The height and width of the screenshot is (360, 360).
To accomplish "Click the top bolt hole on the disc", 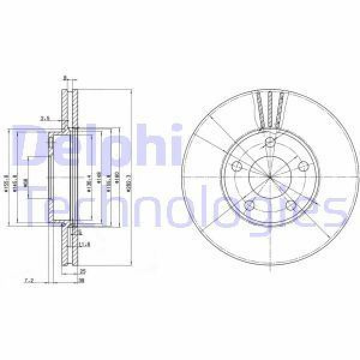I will click(x=270, y=143).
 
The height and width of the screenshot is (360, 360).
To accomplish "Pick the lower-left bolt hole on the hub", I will click(x=250, y=206).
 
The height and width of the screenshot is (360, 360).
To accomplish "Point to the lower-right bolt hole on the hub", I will click(x=290, y=206).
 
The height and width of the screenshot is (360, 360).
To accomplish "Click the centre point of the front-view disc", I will click(x=270, y=178).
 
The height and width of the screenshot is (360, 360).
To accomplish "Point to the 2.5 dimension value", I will click(x=44, y=118).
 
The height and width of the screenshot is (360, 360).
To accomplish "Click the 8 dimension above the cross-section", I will click(x=65, y=78).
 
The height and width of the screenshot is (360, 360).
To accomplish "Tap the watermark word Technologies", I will click(x=180, y=207).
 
